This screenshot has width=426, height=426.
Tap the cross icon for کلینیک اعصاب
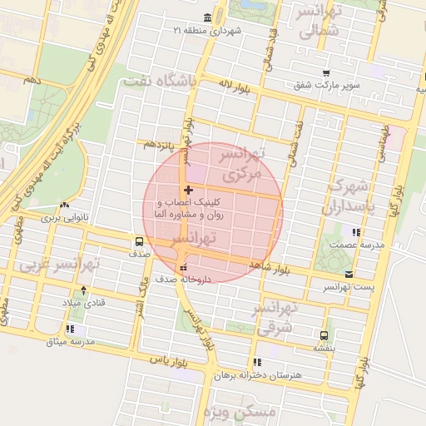tap(188, 191)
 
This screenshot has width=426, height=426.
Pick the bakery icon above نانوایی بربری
tap(65, 206)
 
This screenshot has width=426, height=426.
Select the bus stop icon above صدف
tap(138, 243)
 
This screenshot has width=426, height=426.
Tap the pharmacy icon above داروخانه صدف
tap(184, 267)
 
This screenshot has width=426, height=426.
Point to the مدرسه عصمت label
tap(354, 245)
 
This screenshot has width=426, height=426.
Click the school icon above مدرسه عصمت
tap(356, 232)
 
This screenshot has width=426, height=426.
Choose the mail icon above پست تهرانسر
tap(348, 274)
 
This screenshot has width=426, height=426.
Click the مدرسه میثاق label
tap(71, 342)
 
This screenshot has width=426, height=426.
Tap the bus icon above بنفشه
tap(323, 336)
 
